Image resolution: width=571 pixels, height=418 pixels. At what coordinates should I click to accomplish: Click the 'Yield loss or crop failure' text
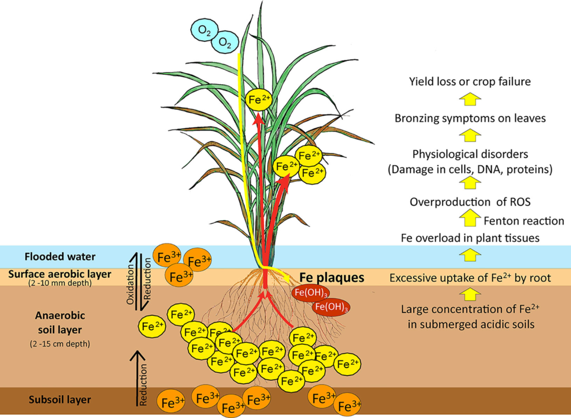pos(469,82)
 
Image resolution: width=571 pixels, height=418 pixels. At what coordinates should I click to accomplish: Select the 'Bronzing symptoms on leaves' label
pos(470,118)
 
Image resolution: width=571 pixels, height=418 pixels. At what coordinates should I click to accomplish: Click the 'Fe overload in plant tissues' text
pos(470,238)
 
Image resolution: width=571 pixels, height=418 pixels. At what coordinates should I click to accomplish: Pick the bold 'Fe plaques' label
pos(332,277)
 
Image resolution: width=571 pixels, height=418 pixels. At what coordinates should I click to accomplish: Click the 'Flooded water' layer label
pos(60,257)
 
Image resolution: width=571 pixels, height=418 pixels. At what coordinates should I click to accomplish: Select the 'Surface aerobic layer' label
pos(60,273)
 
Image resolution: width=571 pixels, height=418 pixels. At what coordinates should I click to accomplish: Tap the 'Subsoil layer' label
pos(60,400)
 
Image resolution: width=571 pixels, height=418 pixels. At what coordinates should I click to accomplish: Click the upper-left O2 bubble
pos(201,29)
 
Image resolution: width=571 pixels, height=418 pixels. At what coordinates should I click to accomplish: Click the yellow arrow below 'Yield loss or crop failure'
pos(470,99)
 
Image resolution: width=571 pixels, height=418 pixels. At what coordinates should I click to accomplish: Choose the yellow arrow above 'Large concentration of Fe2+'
pos(470,294)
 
